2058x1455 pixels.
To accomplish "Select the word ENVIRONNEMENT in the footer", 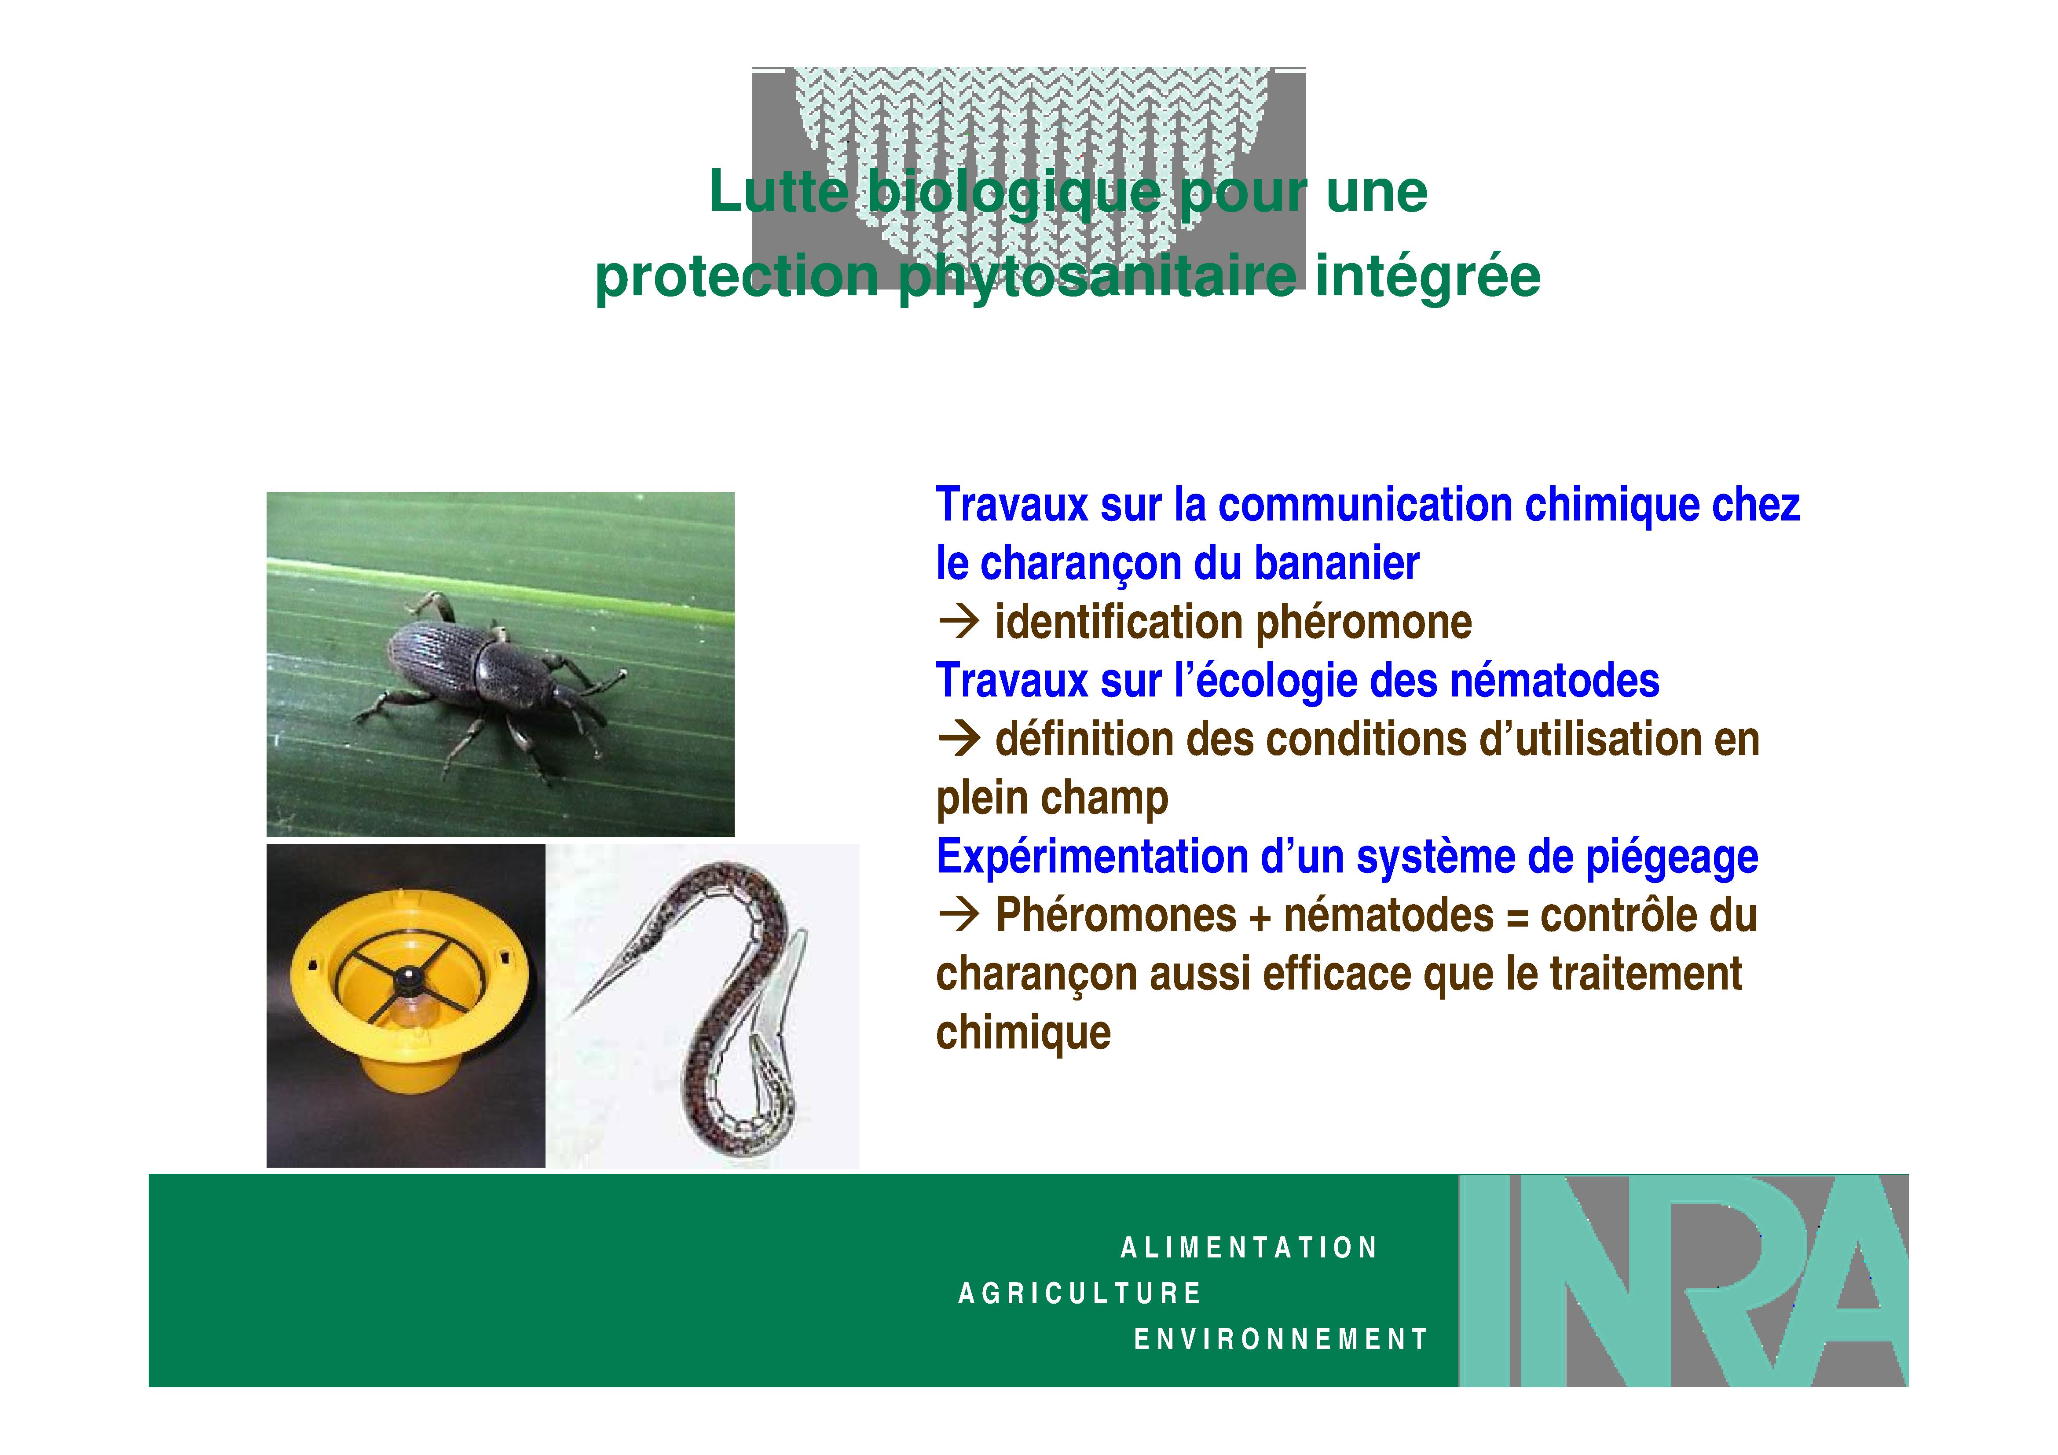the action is point(1281,1339).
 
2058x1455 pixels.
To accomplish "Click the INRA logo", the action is point(1683,1280).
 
